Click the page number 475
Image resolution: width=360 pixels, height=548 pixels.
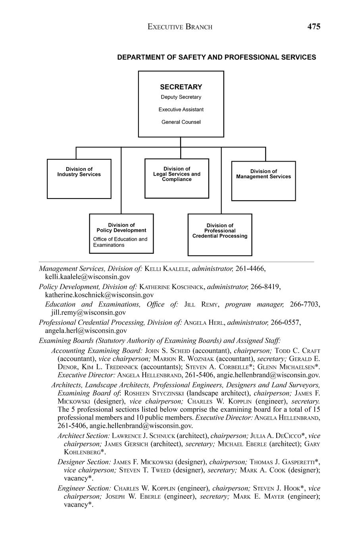pyautogui.click(x=314, y=27)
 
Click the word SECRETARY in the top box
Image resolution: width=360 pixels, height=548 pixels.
pyautogui.click(x=181, y=87)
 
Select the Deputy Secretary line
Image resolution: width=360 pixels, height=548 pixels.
pyautogui.click(x=181, y=97)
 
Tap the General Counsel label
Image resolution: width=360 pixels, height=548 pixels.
pyautogui.click(x=181, y=122)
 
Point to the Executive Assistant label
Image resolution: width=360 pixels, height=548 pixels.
pyautogui.click(x=181, y=110)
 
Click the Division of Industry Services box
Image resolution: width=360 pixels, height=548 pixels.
pyautogui.click(x=79, y=179)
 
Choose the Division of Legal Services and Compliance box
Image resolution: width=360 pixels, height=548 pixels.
pyautogui.click(x=177, y=178)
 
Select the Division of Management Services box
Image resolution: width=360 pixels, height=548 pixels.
pyautogui.click(x=264, y=181)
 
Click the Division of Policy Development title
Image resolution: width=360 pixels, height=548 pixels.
pyautogui.click(x=121, y=228)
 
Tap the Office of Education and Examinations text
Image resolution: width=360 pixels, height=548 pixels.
pyautogui.click(x=120, y=242)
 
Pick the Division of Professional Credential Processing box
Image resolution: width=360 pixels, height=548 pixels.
pyautogui.click(x=220, y=235)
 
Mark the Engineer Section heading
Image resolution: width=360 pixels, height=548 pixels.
pyautogui.click(x=84, y=488)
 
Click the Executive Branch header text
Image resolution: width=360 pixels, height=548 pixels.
pyautogui.click(x=180, y=27)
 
